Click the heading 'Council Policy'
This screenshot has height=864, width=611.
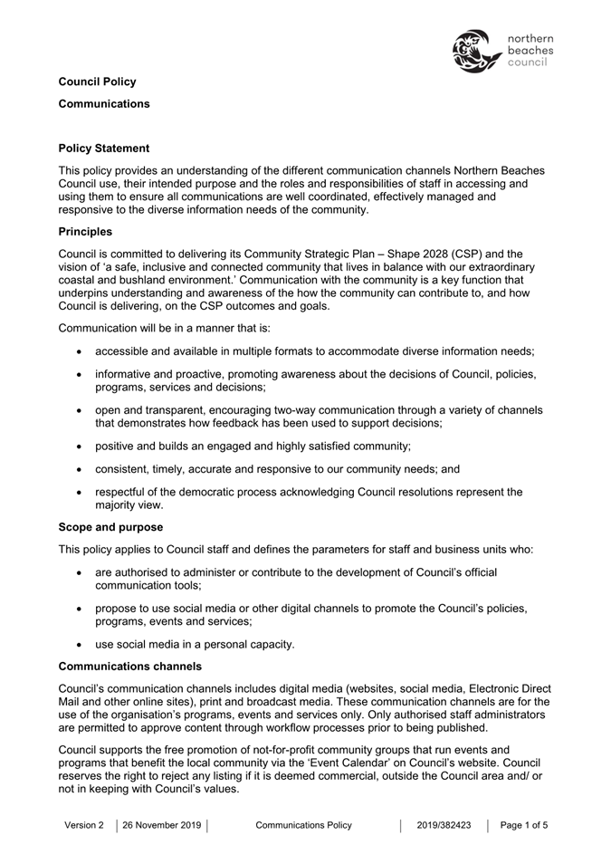(97, 82)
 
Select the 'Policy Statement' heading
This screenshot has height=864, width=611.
(104, 148)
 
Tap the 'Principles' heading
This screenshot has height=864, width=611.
(85, 231)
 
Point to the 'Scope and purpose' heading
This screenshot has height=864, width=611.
(110, 525)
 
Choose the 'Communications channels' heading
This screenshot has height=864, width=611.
(129, 666)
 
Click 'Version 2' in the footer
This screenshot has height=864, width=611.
(84, 825)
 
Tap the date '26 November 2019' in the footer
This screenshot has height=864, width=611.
(162, 825)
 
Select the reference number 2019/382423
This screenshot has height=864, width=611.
(444, 825)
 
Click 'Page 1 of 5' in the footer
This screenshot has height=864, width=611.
(523, 825)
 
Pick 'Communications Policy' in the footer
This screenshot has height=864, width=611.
(303, 825)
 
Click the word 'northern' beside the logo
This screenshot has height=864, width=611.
(530, 39)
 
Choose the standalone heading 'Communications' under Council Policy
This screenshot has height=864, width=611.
(104, 103)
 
